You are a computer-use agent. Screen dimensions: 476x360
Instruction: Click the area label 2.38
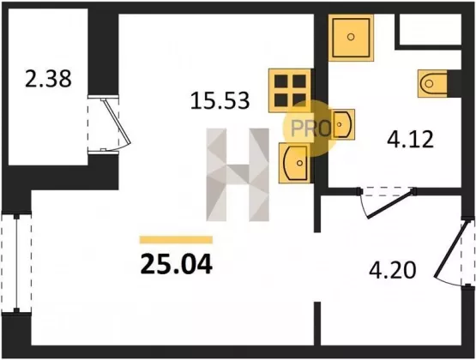[48, 79]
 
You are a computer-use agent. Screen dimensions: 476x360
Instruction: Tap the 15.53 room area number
[220, 100]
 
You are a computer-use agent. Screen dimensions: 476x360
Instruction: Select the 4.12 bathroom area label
[410, 139]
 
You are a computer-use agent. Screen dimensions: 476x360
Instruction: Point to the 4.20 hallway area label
[392, 270]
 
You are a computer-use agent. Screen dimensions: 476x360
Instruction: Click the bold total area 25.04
[177, 264]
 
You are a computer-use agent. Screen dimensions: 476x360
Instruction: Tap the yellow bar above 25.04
[176, 240]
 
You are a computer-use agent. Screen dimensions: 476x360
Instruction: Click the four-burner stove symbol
[290, 90]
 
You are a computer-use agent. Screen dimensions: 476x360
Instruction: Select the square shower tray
[351, 38]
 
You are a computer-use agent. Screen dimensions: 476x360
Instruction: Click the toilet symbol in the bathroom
[432, 83]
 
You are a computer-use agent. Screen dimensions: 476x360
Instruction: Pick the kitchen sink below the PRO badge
[295, 163]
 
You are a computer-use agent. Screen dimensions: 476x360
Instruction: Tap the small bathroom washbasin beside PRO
[343, 124]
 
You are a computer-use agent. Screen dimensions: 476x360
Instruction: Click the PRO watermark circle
[310, 129]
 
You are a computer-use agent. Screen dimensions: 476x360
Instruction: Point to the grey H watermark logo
[238, 174]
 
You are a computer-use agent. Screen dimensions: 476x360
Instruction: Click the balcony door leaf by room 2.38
[117, 122]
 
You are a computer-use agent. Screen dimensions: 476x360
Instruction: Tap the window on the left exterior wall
[16, 263]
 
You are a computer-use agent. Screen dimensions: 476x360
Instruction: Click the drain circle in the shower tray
[351, 37]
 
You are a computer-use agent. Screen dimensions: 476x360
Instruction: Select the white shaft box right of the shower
[430, 29]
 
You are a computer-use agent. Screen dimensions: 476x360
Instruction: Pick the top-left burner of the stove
[281, 81]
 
